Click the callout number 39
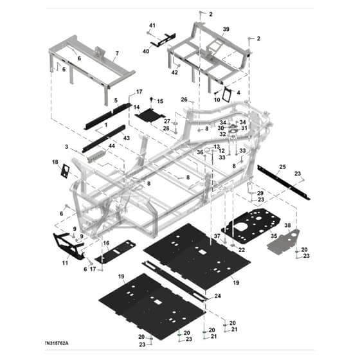[226, 30]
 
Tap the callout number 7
[117, 53]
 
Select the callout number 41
[152, 25]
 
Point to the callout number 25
[282, 166]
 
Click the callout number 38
[288, 225]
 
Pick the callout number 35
[274, 236]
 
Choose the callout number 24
[218, 296]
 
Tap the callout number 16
[106, 243]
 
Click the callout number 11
[65, 263]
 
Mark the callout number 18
[55, 162]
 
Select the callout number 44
[112, 146]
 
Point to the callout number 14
[136, 107]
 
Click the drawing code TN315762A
[57, 343]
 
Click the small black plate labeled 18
[65, 171]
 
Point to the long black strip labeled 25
[283, 183]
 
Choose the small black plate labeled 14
[150, 115]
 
